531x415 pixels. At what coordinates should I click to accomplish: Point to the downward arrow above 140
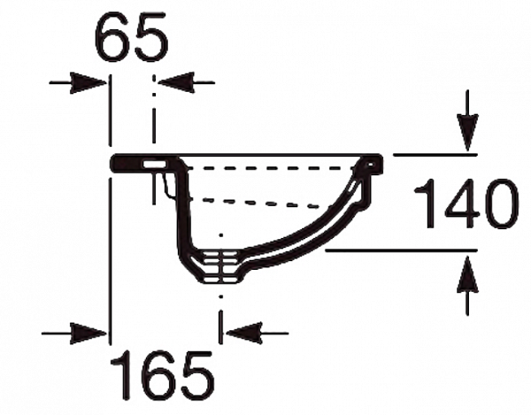pos(468,134)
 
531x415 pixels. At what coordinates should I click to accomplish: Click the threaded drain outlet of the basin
pos(219,265)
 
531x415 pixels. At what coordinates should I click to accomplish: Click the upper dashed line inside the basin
pos(265,165)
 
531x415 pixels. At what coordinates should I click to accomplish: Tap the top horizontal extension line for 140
pos(434,153)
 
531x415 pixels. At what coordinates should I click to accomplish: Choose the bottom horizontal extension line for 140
pos(398,250)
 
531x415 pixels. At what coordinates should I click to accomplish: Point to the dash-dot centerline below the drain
pos(219,310)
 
